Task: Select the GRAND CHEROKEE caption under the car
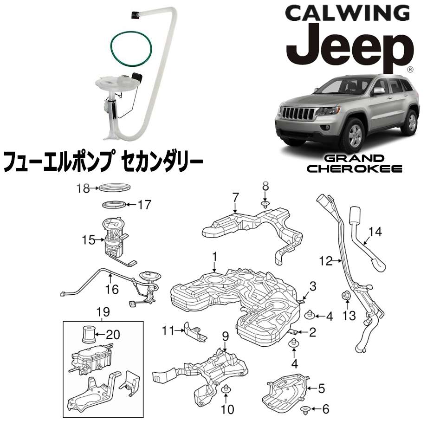(354, 163)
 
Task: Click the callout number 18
(83, 188)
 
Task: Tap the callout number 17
(144, 205)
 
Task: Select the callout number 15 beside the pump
(88, 240)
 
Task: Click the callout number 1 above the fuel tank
(215, 257)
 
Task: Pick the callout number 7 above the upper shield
(236, 197)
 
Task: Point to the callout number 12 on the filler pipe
(326, 261)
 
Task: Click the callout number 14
(375, 232)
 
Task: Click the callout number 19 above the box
(103, 312)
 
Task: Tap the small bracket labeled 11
(195, 333)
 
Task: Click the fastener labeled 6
(305, 410)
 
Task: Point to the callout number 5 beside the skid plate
(322, 388)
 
